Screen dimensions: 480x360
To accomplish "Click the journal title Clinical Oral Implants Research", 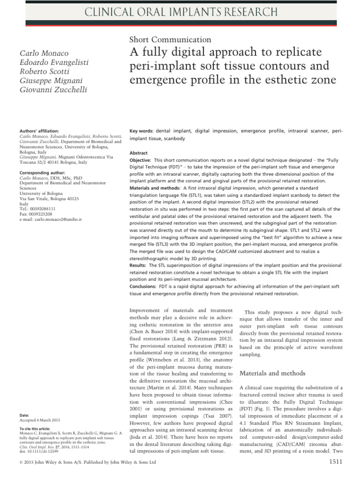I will pos(180,12).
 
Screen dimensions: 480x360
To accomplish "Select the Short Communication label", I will pos(169,40).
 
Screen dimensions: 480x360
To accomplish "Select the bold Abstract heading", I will pos(139,153).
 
